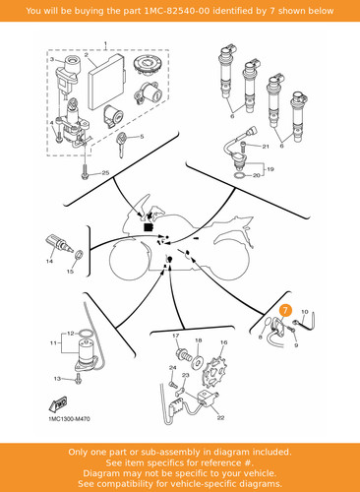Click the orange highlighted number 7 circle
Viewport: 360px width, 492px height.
pos(285,310)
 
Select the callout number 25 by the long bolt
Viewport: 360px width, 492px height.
pos(105,172)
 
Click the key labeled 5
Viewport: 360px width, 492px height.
pos(122,144)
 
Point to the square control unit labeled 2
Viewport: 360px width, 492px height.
pos(105,82)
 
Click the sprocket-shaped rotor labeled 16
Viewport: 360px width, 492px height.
pos(215,374)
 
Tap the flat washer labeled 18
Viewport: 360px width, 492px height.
pos(198,361)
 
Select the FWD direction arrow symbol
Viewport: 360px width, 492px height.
pos(59,404)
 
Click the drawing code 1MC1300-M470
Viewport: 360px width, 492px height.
pos(69,419)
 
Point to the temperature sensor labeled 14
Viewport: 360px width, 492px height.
pos(58,244)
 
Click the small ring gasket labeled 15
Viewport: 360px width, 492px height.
pos(79,255)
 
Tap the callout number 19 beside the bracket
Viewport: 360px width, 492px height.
pos(270,169)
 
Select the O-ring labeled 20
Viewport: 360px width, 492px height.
pos(240,176)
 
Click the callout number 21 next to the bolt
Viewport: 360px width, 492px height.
pos(266,147)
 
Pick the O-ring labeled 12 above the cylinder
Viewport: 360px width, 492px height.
pos(87,334)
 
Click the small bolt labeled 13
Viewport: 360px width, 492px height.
pos(78,378)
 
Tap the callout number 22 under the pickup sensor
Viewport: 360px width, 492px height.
pos(220,417)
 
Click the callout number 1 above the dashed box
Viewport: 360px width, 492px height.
pos(105,43)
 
